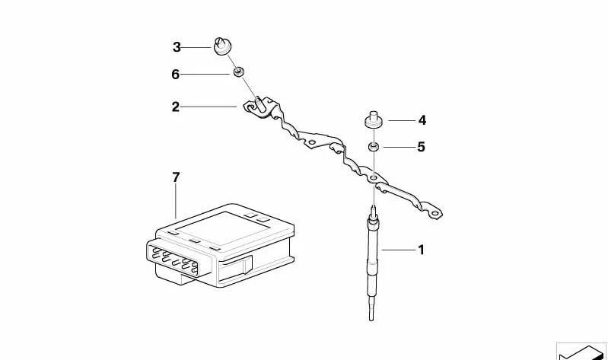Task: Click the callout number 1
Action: [x=421, y=250]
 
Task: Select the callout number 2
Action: [x=176, y=107]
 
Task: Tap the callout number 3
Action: [x=177, y=47]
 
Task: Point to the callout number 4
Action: [x=422, y=120]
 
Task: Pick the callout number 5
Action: [x=421, y=147]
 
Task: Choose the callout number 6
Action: [x=176, y=74]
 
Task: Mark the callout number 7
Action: [x=176, y=177]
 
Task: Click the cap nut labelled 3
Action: [x=222, y=46]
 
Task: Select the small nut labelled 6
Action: [x=238, y=72]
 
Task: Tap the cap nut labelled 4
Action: [x=374, y=119]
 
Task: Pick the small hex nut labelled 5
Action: [x=374, y=147]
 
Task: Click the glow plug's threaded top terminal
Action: [x=373, y=212]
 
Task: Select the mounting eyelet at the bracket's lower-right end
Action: [x=435, y=213]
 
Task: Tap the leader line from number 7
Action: [x=176, y=201]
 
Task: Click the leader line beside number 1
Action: [x=398, y=250]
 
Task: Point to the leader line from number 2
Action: [x=209, y=107]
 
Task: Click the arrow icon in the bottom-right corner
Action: [x=581, y=352]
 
